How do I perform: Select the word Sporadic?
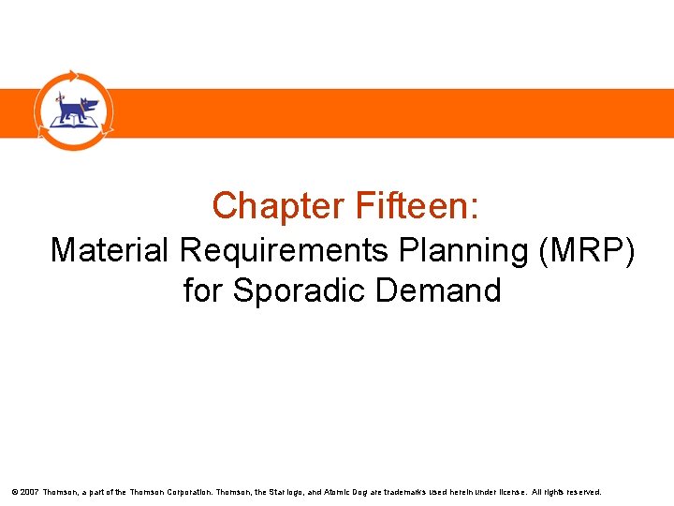(299, 290)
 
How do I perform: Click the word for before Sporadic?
(202, 290)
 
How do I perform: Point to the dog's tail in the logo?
(59, 100)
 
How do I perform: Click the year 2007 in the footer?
(28, 491)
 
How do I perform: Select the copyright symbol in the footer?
(14, 491)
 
